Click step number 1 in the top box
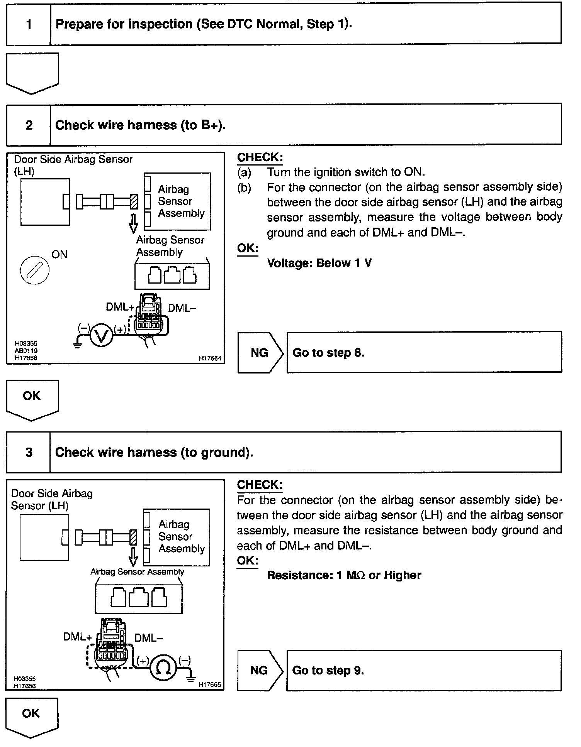pyautogui.click(x=29, y=24)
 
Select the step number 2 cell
pyautogui.click(x=29, y=125)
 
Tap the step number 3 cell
pyautogui.click(x=29, y=452)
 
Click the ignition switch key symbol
pyautogui.click(x=34, y=269)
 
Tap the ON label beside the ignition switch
pyautogui.click(x=59, y=254)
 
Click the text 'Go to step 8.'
pyautogui.click(x=328, y=352)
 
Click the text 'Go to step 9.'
pyautogui.click(x=328, y=670)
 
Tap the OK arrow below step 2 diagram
pyautogui.click(x=32, y=397)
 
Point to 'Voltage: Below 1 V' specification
pyautogui.click(x=319, y=263)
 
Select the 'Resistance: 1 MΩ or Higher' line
pyautogui.click(x=344, y=575)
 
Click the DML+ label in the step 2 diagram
pyautogui.click(x=120, y=307)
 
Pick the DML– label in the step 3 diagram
pyautogui.click(x=149, y=638)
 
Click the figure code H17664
pyautogui.click(x=210, y=358)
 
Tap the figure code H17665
pyautogui.click(x=210, y=684)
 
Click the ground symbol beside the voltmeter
pyautogui.click(x=78, y=344)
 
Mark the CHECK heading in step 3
pyautogui.click(x=260, y=485)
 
